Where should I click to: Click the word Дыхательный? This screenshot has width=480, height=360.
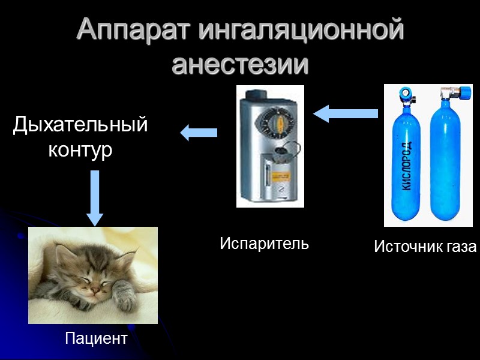point(80,125)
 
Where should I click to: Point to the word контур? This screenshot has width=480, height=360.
point(80,150)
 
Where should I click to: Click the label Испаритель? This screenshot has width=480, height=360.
point(264,244)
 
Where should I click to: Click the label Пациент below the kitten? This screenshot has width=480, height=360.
point(96,338)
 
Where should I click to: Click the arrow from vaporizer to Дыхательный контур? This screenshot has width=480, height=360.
point(199,132)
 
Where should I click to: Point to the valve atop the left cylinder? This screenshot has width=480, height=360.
point(407,95)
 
